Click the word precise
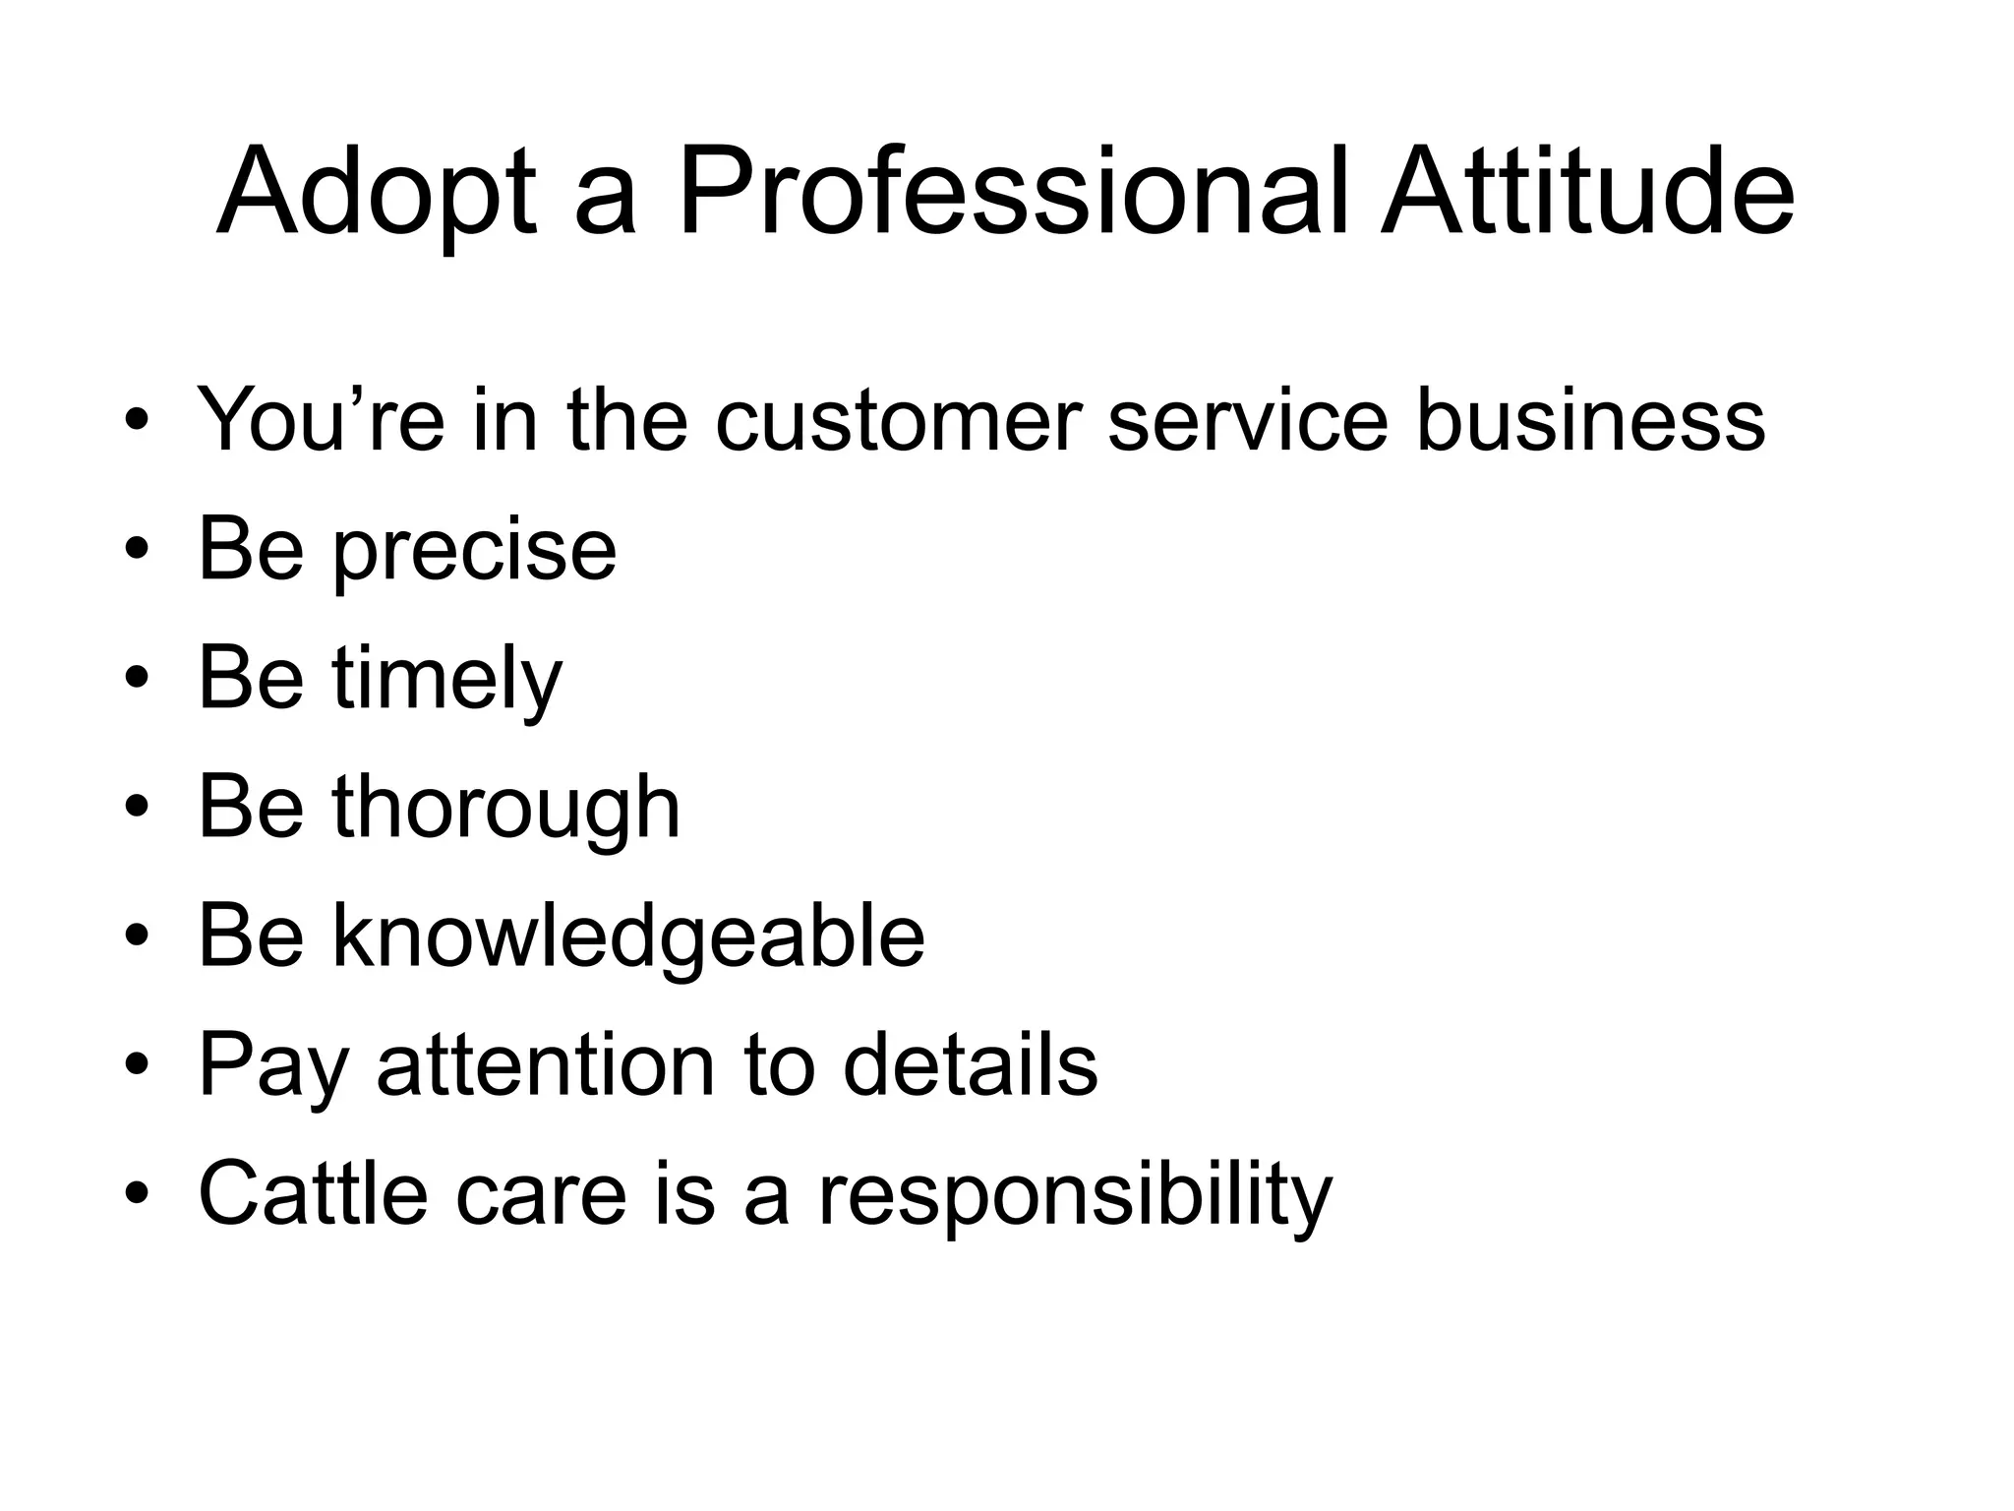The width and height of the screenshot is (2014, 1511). tap(475, 551)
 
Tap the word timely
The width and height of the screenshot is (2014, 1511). tap(447, 679)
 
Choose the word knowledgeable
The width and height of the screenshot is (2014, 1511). tap(628, 937)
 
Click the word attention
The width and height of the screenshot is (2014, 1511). tap(546, 1065)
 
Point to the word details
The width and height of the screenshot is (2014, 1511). tap(970, 1065)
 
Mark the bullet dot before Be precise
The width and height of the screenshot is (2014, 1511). tap(137, 551)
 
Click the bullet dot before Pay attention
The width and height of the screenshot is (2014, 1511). tap(137, 1066)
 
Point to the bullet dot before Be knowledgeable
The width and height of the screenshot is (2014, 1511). tap(137, 937)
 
